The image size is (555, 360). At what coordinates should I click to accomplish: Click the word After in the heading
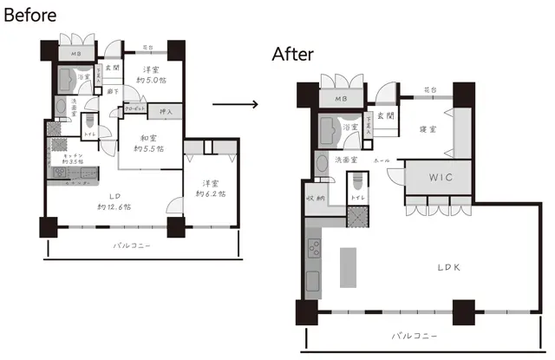(x=293, y=54)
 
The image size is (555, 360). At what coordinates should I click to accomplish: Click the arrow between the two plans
(x=235, y=104)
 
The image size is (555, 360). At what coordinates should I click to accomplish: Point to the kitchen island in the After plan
(x=347, y=268)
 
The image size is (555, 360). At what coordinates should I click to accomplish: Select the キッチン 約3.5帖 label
(x=65, y=157)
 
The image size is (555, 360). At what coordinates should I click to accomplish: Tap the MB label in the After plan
(x=341, y=100)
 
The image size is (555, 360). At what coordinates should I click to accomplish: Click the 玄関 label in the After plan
(x=385, y=115)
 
